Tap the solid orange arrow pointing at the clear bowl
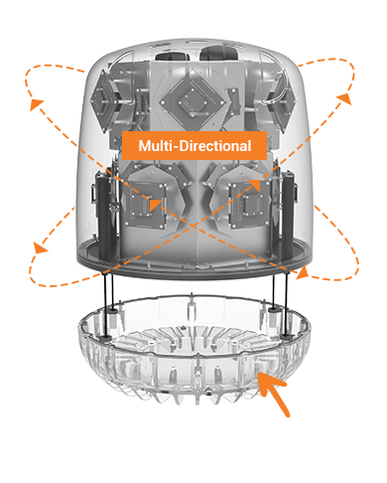pos(273,394)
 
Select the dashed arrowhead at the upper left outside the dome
pos(36,104)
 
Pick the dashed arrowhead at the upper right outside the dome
pos(345,98)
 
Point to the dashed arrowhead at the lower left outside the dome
pos(41,247)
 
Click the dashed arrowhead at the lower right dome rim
pos(303,272)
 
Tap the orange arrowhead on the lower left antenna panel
pos(155,205)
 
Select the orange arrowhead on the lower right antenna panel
pos(255,185)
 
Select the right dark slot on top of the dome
pos(218,53)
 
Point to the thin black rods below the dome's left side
pos(108,305)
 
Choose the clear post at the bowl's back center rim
pos(192,306)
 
